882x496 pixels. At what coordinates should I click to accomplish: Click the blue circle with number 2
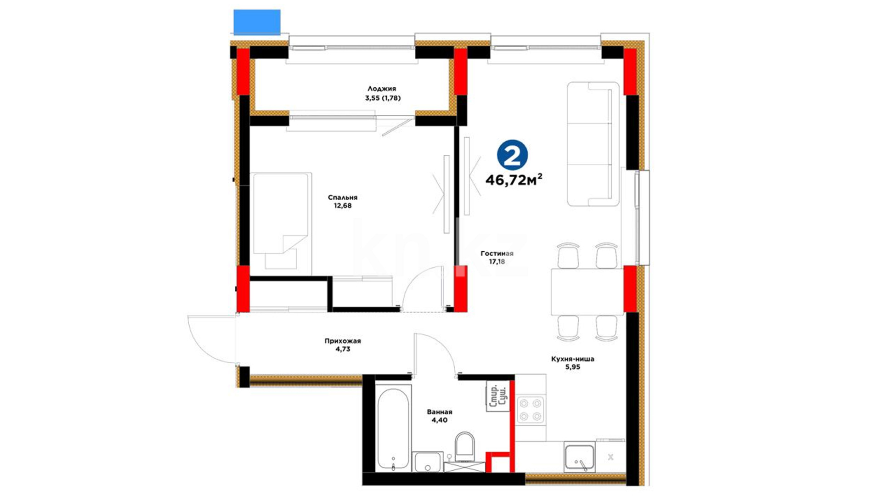click(x=512, y=155)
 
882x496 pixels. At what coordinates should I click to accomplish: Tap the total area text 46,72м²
click(x=514, y=180)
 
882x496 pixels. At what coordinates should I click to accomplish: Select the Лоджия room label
click(x=381, y=89)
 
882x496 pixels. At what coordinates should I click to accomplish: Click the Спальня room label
click(x=343, y=197)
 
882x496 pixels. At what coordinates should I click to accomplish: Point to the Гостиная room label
click(x=497, y=254)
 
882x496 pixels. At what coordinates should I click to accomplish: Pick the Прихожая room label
click(x=343, y=341)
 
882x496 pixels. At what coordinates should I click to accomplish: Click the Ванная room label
click(x=440, y=412)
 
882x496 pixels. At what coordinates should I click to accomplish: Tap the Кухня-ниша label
click(x=572, y=359)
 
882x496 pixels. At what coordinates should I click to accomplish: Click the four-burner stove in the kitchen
click(x=530, y=410)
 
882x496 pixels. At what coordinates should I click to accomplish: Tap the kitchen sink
click(x=580, y=458)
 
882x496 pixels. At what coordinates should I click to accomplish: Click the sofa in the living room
click(x=593, y=144)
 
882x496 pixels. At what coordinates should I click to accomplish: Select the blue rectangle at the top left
click(x=257, y=22)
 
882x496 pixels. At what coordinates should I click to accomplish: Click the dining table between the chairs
click(x=587, y=292)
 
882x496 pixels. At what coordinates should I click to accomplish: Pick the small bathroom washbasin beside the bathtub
click(x=428, y=462)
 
